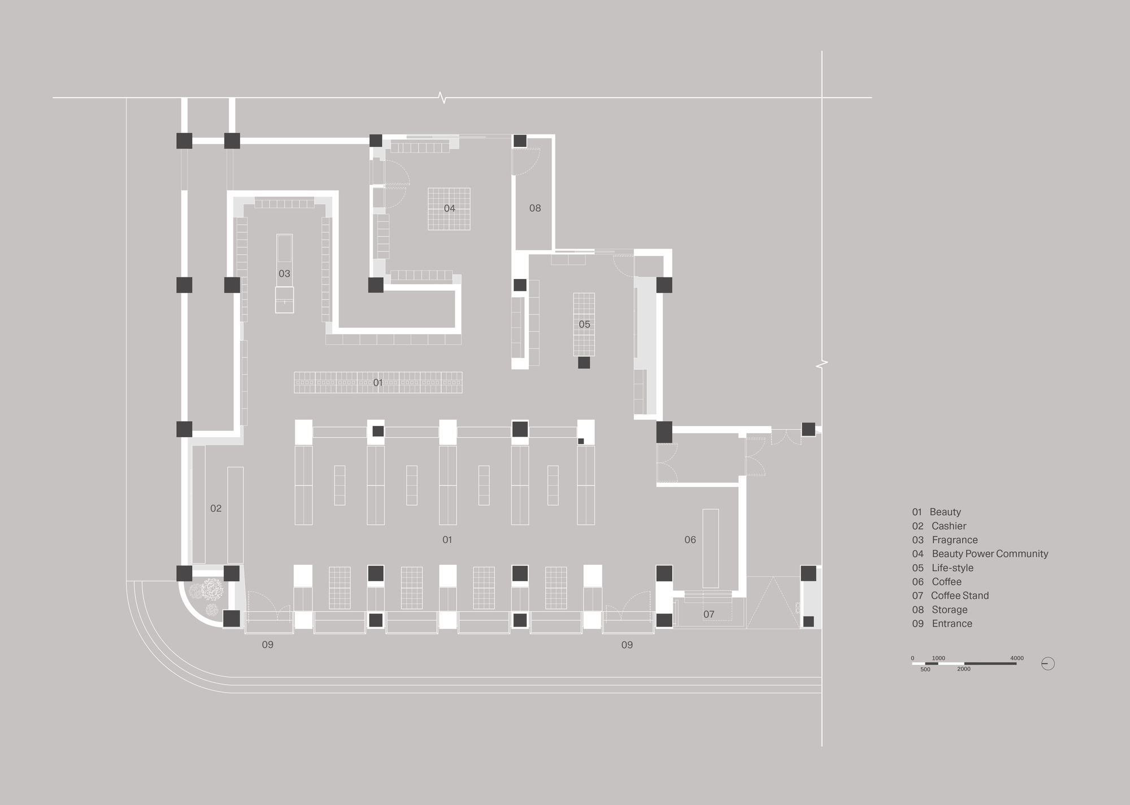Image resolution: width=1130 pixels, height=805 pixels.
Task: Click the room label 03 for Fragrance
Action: pos(284,274)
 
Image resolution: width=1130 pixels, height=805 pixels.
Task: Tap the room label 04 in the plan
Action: pos(449,209)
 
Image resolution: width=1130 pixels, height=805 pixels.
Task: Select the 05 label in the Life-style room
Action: pos(584,324)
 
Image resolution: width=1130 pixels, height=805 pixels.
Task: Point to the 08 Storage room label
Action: pos(535,208)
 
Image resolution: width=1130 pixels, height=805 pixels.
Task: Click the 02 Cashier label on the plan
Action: pos(216,508)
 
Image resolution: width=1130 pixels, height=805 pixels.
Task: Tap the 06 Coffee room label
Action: pos(690,540)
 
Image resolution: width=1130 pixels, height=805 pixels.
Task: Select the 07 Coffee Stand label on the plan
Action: pos(709,615)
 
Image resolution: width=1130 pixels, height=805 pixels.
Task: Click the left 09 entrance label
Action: pos(268,645)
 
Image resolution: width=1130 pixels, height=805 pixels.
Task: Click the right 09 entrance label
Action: pos(627,645)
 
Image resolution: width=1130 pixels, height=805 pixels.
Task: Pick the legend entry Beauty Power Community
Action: pos(989,554)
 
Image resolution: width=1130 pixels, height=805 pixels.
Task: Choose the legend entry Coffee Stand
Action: pos(959,596)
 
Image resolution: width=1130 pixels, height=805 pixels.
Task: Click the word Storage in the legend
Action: pos(949,610)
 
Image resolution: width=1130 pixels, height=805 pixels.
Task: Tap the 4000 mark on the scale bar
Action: pos(1016,659)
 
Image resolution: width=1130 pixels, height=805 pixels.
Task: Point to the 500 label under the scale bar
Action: pos(925,670)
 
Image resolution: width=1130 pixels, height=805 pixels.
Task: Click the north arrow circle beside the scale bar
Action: pos(1048,664)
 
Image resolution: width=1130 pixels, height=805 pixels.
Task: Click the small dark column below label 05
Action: pos(584,363)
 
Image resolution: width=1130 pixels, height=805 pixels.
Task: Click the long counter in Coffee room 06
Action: pos(711,548)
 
